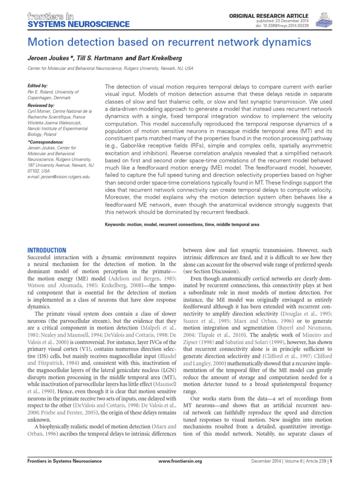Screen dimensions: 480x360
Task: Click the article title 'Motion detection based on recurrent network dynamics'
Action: point(170,42)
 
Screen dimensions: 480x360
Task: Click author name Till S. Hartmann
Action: point(99,59)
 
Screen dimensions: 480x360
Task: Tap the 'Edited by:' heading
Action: point(38,86)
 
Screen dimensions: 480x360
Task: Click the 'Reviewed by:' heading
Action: point(41,106)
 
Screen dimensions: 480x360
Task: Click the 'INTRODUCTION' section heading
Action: point(48,250)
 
